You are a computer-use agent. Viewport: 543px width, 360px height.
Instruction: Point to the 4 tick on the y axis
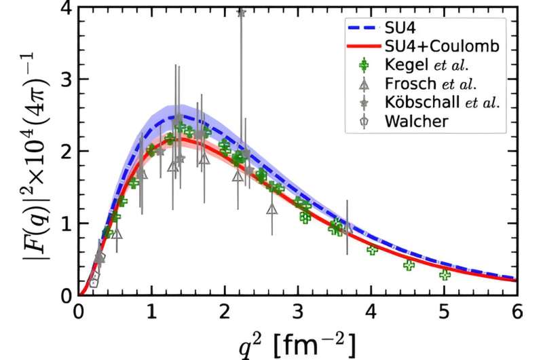click(67, 7)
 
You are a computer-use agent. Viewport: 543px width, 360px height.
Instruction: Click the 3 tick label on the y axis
click(67, 79)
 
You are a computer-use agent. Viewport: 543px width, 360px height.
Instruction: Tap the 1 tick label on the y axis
click(67, 223)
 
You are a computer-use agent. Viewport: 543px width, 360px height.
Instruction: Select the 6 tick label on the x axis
click(517, 310)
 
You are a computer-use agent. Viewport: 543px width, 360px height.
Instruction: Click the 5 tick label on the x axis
click(444, 310)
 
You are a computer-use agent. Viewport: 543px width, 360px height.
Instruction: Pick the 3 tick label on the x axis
click(298, 310)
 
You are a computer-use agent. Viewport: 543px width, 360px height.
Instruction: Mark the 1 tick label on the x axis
click(152, 310)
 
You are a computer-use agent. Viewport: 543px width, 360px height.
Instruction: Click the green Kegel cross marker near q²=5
click(445, 275)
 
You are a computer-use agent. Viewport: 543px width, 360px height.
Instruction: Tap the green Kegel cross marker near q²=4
click(372, 249)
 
